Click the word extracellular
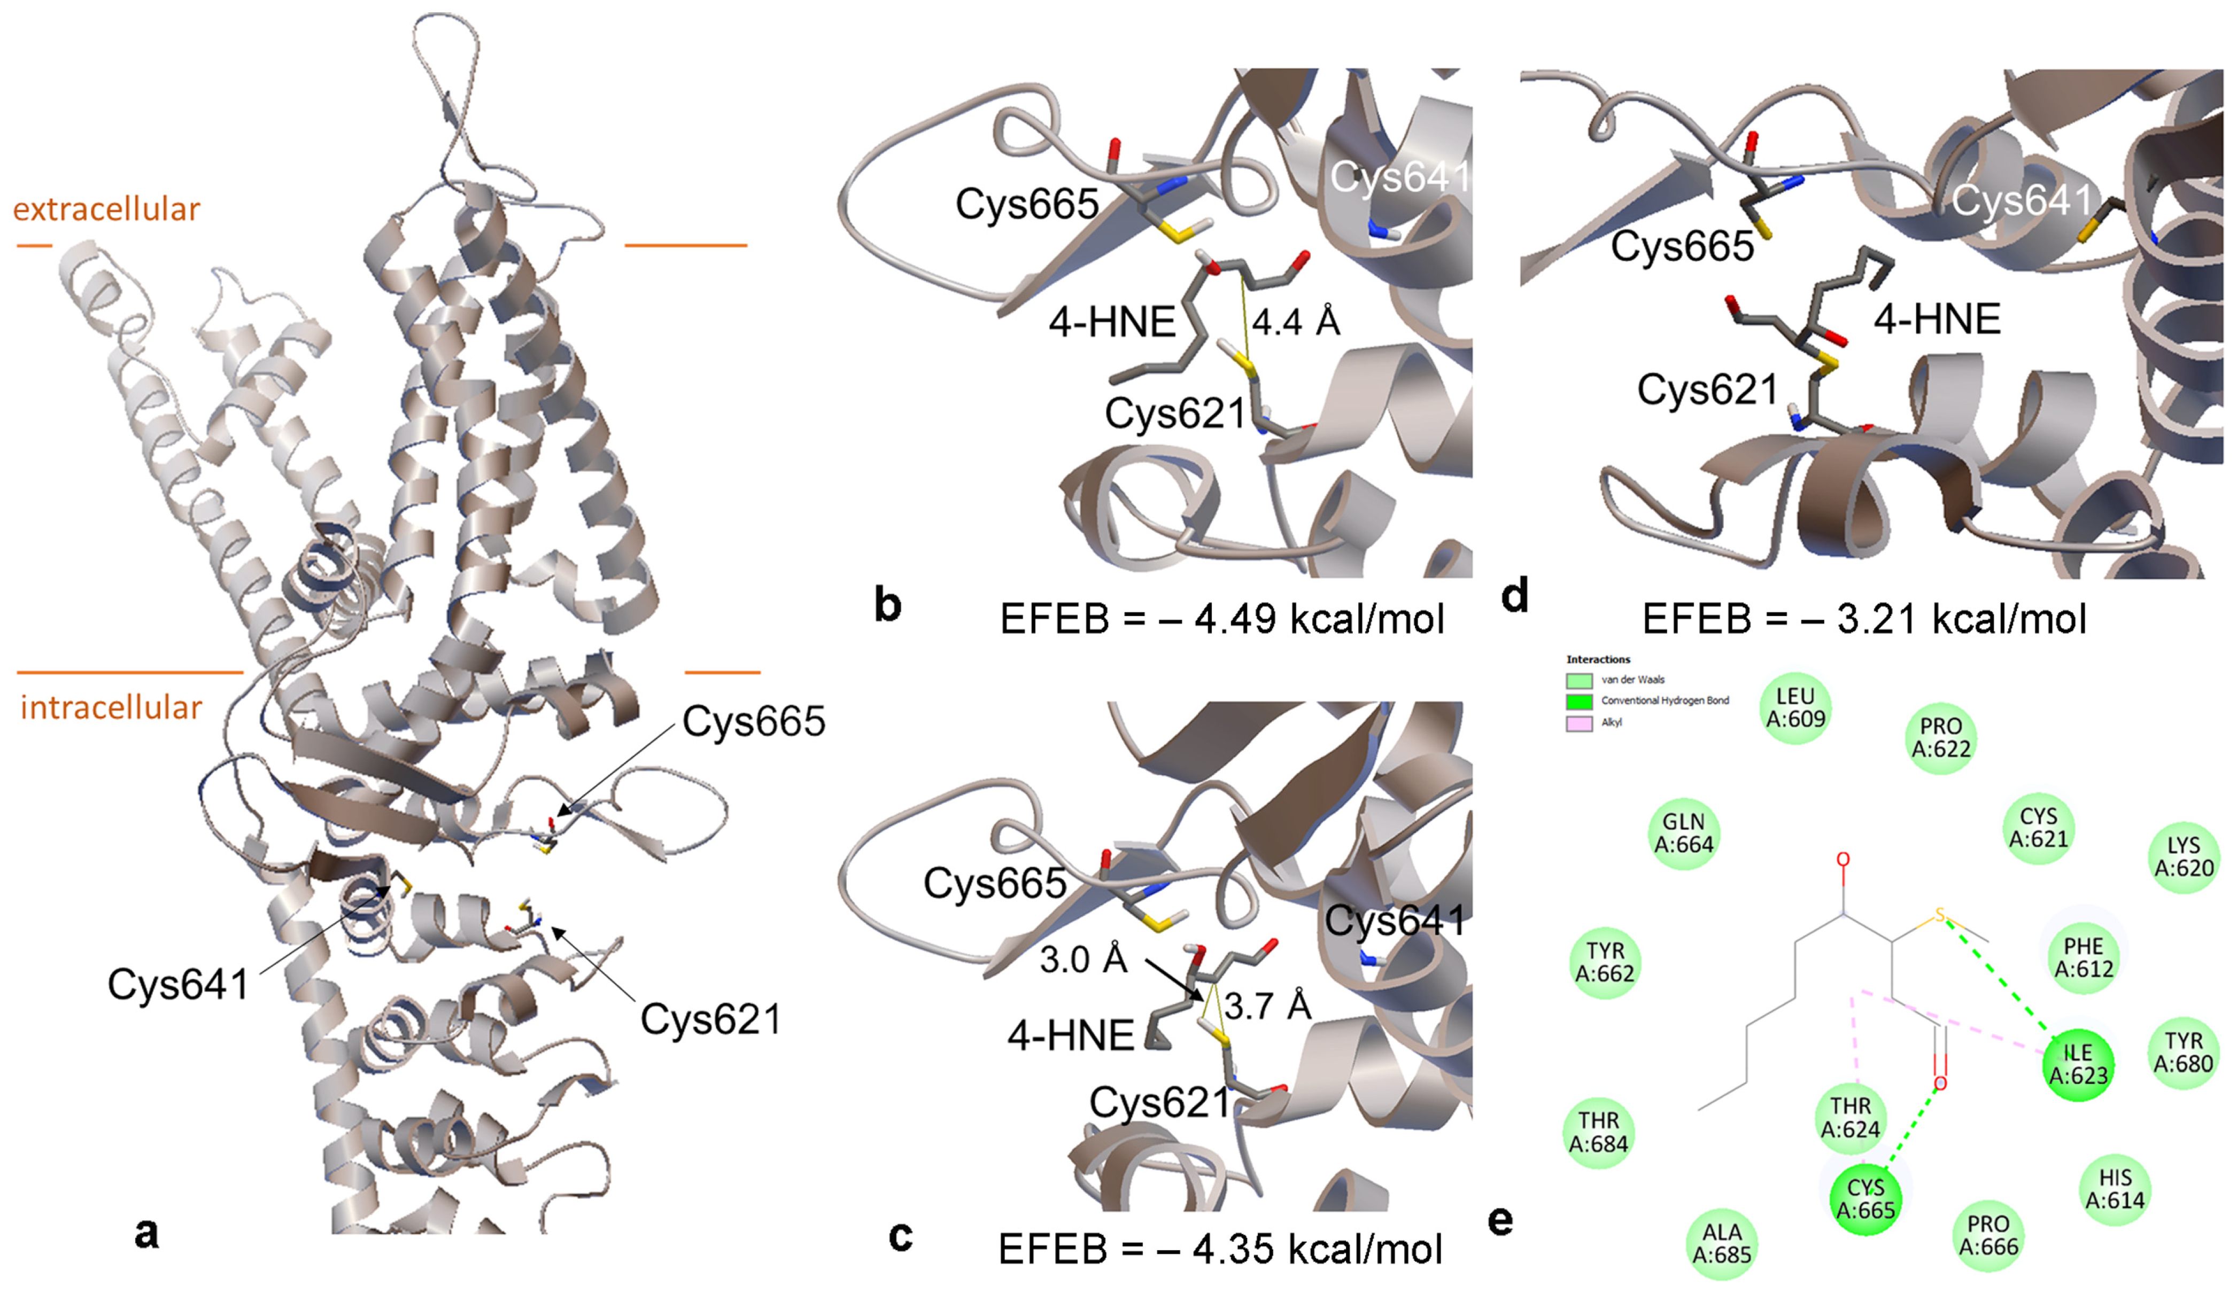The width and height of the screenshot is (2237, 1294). [106, 209]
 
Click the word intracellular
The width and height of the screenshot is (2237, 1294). [111, 707]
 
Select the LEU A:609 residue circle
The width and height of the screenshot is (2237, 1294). [1795, 707]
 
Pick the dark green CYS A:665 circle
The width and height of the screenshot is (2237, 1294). [1865, 1199]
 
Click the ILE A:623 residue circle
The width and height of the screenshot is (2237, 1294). [2077, 1063]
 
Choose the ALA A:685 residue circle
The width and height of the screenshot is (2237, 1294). [1721, 1243]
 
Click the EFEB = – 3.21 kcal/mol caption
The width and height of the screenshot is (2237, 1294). [1864, 619]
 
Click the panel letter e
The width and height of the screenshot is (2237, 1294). [1499, 1222]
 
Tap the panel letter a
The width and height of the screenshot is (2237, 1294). [146, 1232]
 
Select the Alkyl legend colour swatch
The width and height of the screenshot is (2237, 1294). [1579, 723]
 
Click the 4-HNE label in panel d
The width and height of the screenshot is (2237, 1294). [1937, 318]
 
